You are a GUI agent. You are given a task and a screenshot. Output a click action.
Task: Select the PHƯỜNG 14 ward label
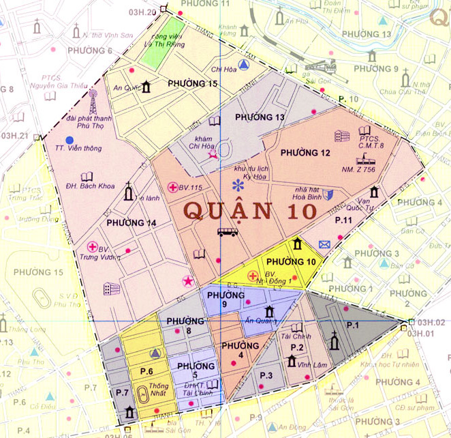click(x=131, y=222)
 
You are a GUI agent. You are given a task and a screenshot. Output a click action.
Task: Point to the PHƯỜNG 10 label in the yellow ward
click(x=291, y=262)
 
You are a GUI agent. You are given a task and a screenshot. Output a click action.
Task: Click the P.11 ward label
click(x=342, y=220)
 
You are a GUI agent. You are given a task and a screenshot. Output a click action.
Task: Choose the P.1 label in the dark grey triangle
click(x=352, y=325)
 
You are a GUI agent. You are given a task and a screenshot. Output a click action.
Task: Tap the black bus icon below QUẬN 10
click(x=228, y=233)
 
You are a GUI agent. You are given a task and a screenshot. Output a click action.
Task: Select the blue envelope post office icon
click(x=324, y=244)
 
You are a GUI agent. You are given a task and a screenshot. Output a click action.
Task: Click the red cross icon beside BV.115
click(x=173, y=187)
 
